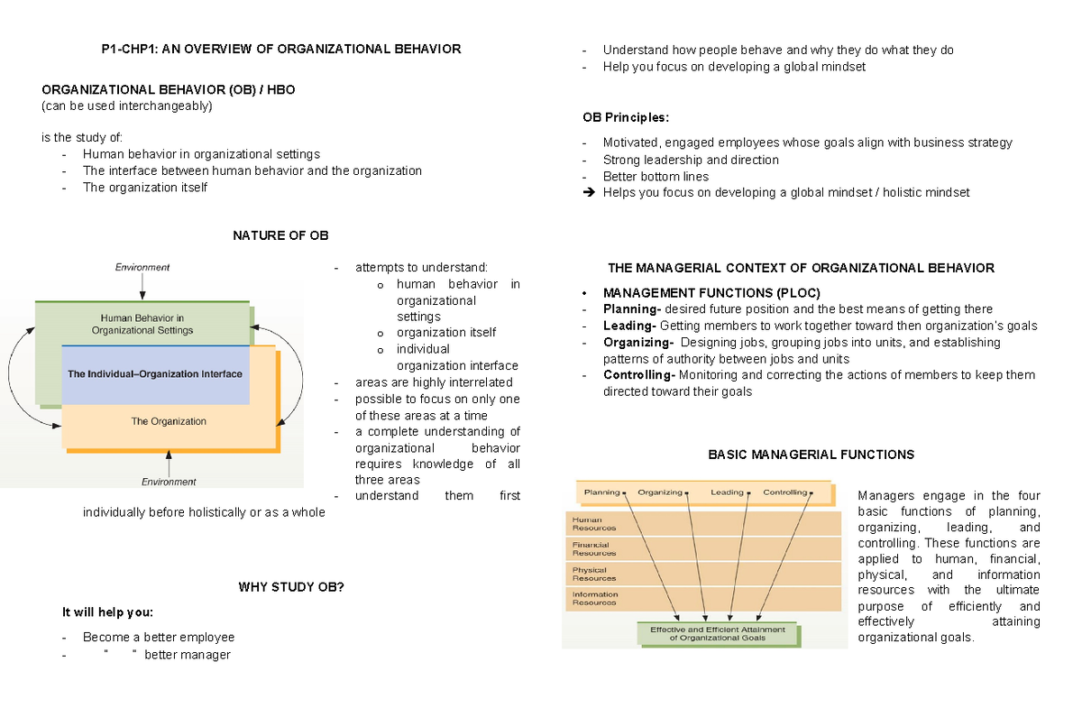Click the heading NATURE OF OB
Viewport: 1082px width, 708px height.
click(280, 235)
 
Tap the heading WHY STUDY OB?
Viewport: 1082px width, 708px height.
click(290, 587)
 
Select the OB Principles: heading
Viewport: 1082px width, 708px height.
click(626, 117)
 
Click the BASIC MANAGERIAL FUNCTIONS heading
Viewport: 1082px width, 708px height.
click(811, 455)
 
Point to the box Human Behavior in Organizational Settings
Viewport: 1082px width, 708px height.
click(142, 324)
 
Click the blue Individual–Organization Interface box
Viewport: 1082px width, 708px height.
click(155, 373)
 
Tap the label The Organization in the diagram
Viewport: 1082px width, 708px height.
click(169, 421)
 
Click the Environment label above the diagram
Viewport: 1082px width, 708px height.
click(142, 267)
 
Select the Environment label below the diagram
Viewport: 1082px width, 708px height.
click(169, 482)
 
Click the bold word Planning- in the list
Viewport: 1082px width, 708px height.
click(632, 308)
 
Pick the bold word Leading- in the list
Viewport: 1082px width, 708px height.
click(628, 326)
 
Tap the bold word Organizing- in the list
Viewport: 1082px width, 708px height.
click(637, 343)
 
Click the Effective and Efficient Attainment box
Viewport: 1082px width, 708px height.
click(718, 633)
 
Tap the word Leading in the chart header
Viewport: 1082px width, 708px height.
click(727, 492)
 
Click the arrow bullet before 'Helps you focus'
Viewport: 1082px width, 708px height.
click(590, 192)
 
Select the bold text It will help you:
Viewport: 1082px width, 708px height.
click(108, 612)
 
